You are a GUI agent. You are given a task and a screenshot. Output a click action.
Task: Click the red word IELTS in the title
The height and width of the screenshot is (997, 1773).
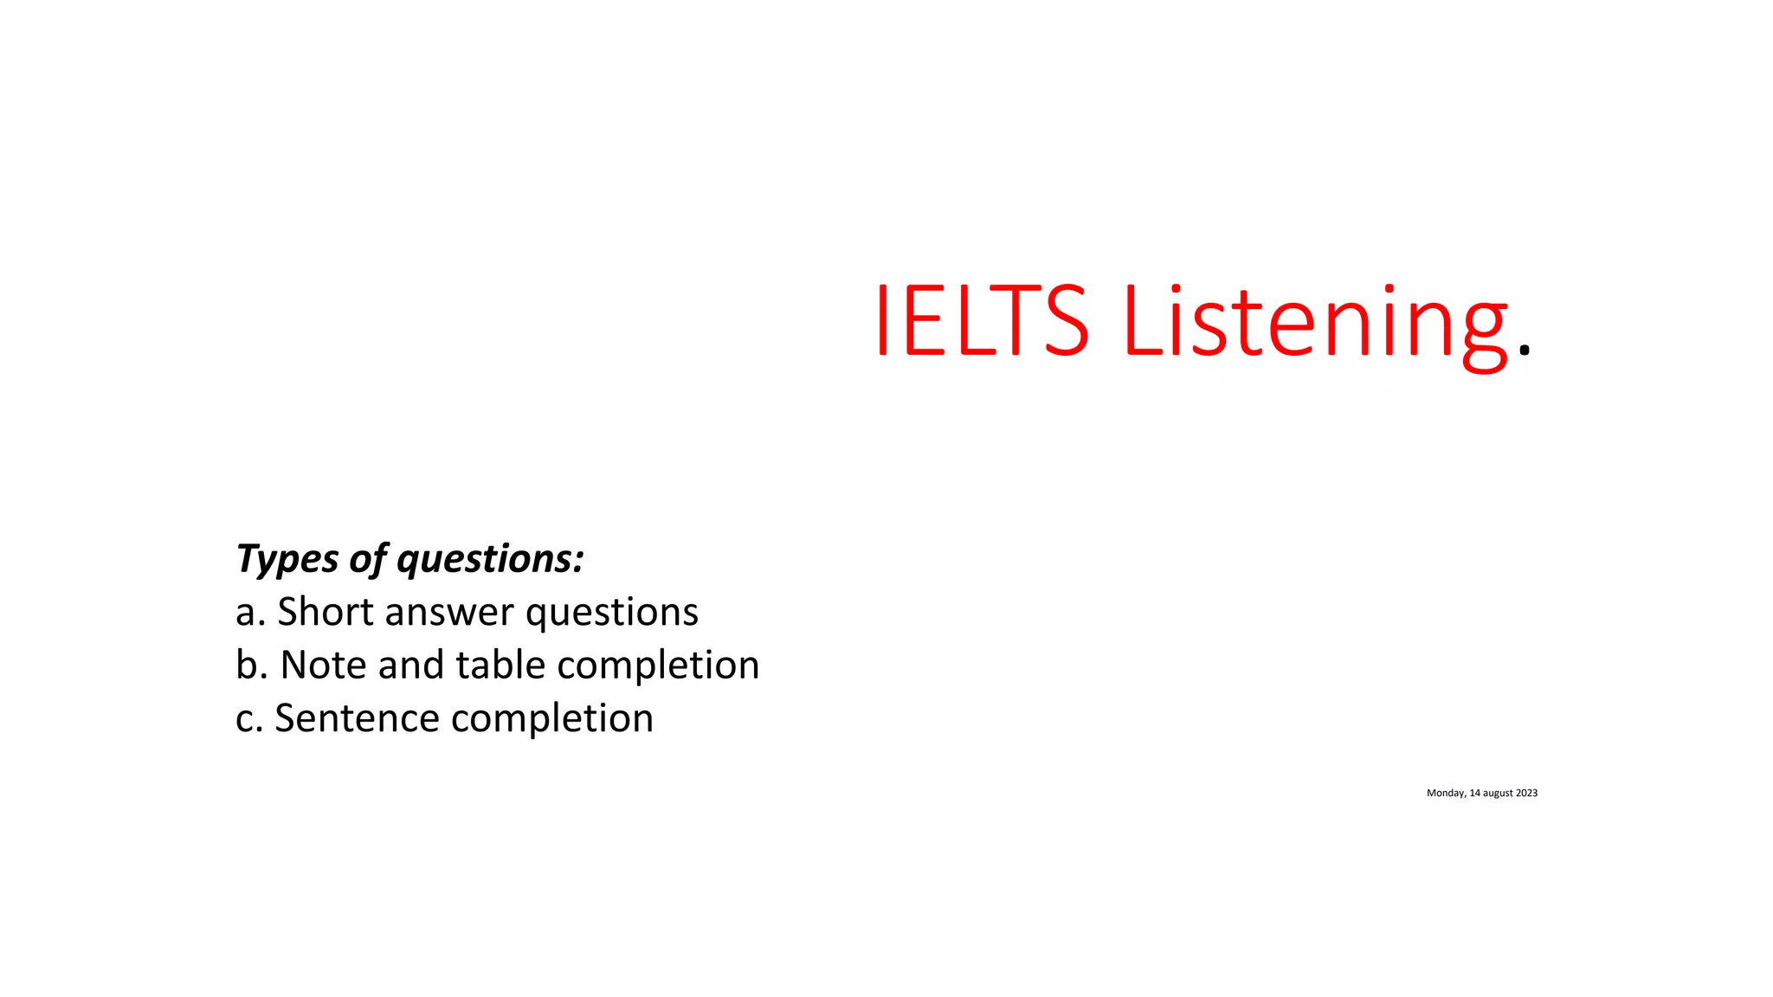(x=981, y=320)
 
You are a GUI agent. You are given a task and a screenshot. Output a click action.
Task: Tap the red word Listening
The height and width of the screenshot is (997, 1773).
(x=1316, y=322)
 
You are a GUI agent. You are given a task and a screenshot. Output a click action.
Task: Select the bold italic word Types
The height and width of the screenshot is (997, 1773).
(x=287, y=559)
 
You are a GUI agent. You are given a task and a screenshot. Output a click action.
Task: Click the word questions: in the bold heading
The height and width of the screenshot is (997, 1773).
(x=490, y=559)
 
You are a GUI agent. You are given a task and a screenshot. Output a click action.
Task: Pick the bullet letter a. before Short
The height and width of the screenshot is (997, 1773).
(x=250, y=612)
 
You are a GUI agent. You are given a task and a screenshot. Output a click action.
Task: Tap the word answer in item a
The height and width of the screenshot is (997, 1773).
(x=449, y=614)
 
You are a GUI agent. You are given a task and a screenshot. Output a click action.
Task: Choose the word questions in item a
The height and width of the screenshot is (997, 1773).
(x=611, y=614)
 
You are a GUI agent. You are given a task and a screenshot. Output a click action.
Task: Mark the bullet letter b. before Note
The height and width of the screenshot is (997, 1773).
(x=251, y=665)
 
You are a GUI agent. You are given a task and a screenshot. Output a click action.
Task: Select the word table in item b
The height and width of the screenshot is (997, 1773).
(x=500, y=665)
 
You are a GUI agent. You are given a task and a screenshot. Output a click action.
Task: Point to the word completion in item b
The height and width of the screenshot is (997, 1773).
(x=658, y=666)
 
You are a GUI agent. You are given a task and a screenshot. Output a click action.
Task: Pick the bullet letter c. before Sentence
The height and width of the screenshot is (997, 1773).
(x=249, y=718)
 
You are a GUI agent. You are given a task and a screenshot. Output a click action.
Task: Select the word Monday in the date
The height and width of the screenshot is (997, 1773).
(x=1446, y=794)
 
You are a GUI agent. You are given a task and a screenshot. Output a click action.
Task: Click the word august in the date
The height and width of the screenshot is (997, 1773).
(x=1498, y=794)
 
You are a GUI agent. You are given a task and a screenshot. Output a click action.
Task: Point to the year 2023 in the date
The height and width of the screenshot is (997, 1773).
(x=1526, y=793)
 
